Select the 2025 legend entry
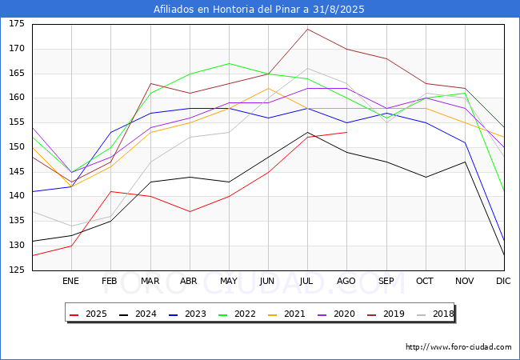89,314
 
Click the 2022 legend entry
238,314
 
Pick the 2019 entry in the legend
386,314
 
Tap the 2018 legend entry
435,314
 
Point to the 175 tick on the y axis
17,24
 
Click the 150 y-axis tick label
17,147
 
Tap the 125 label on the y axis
17,270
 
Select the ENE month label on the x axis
70,281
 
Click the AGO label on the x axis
346,281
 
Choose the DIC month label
503,281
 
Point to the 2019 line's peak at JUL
308,29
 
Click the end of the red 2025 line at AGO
347,132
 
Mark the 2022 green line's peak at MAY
229,63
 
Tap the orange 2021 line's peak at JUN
268,88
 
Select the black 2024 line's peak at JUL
308,132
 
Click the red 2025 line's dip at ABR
190,211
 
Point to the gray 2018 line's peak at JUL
308,68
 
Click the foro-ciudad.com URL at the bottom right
458,347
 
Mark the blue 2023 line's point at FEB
110,132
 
